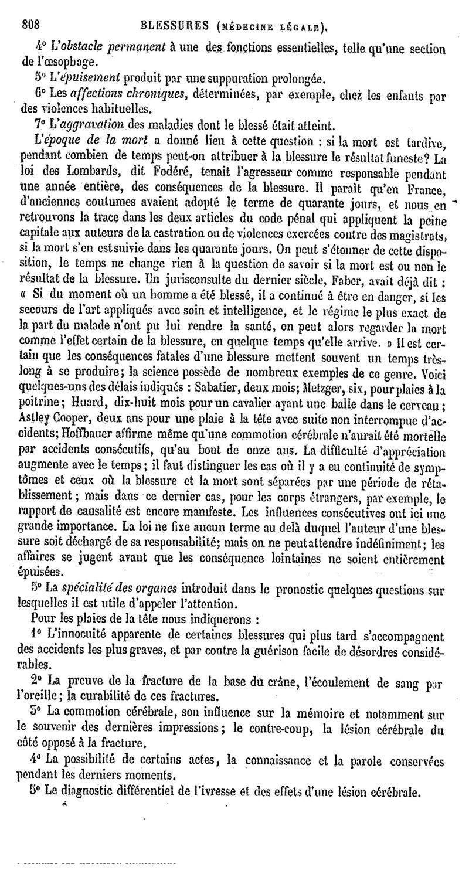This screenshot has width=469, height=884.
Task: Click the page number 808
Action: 30,24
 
